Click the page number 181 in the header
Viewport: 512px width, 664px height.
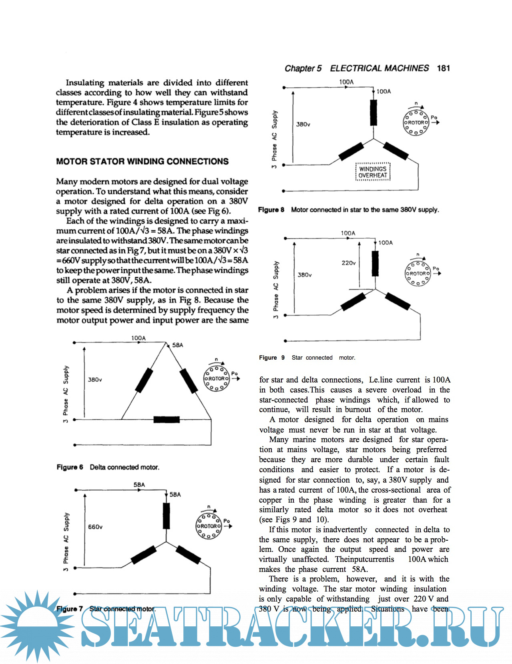(443, 68)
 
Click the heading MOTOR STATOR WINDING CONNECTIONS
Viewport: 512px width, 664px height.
(142, 161)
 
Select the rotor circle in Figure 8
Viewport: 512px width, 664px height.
(416, 122)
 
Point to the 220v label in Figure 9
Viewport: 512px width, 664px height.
(349, 263)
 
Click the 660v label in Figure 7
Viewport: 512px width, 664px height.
(95, 527)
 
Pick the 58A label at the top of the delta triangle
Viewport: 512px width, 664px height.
(178, 345)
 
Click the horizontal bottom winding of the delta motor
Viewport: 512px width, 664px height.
(167, 420)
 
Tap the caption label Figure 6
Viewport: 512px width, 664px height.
(70, 467)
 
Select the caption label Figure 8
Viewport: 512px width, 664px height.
(271, 210)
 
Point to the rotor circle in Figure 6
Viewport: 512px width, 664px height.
(217, 378)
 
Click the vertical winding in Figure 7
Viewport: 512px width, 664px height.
(167, 515)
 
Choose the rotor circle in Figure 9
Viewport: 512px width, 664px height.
(418, 274)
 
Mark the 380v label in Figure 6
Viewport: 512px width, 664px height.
(95, 380)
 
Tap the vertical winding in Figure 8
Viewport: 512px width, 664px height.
(373, 113)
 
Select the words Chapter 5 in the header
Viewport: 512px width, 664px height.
(303, 68)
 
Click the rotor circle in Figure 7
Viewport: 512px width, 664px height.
(208, 526)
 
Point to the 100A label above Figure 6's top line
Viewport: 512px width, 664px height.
(139, 338)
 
